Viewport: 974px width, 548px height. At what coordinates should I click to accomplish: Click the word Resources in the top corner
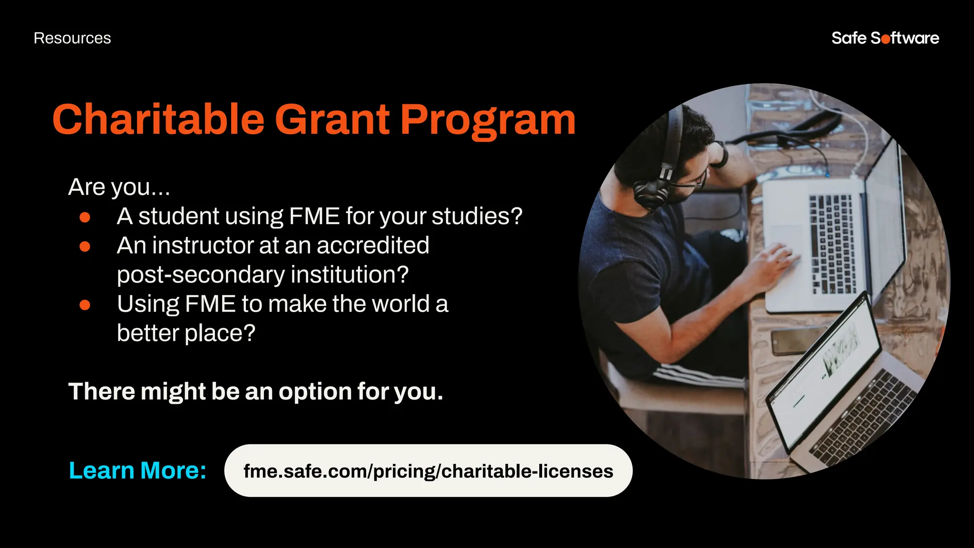(72, 38)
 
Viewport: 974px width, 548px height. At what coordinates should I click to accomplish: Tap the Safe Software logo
(885, 38)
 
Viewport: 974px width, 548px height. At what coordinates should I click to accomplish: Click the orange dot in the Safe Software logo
(886, 39)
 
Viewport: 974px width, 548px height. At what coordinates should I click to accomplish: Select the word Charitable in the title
(158, 120)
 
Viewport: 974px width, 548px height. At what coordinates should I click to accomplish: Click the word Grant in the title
(332, 120)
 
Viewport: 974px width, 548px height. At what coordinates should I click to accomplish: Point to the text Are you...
(119, 187)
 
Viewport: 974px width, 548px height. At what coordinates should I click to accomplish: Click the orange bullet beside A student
(85, 217)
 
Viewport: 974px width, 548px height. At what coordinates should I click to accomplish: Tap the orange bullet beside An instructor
(85, 246)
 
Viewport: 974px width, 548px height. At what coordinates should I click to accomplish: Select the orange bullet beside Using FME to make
(85, 305)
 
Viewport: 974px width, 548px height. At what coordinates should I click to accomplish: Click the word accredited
(373, 245)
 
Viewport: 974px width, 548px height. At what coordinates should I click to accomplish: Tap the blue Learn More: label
(137, 470)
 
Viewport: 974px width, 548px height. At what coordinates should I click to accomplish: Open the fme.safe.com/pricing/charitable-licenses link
(428, 471)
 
